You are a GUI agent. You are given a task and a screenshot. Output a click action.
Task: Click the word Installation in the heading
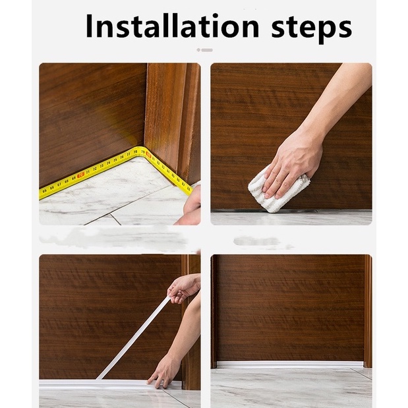172,26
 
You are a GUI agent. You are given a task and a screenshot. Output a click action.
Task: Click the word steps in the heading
312,28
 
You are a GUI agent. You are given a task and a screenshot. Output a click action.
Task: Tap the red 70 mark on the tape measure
81,175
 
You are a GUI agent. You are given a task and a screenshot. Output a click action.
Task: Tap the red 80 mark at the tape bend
148,155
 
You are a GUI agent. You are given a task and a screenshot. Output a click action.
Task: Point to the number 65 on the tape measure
45,191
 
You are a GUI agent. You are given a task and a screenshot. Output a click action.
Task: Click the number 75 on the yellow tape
115,160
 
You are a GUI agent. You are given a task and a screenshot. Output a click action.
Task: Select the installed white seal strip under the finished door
289,364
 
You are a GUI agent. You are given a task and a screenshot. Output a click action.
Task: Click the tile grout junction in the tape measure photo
111,214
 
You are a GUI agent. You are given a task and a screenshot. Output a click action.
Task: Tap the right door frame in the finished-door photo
368,311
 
